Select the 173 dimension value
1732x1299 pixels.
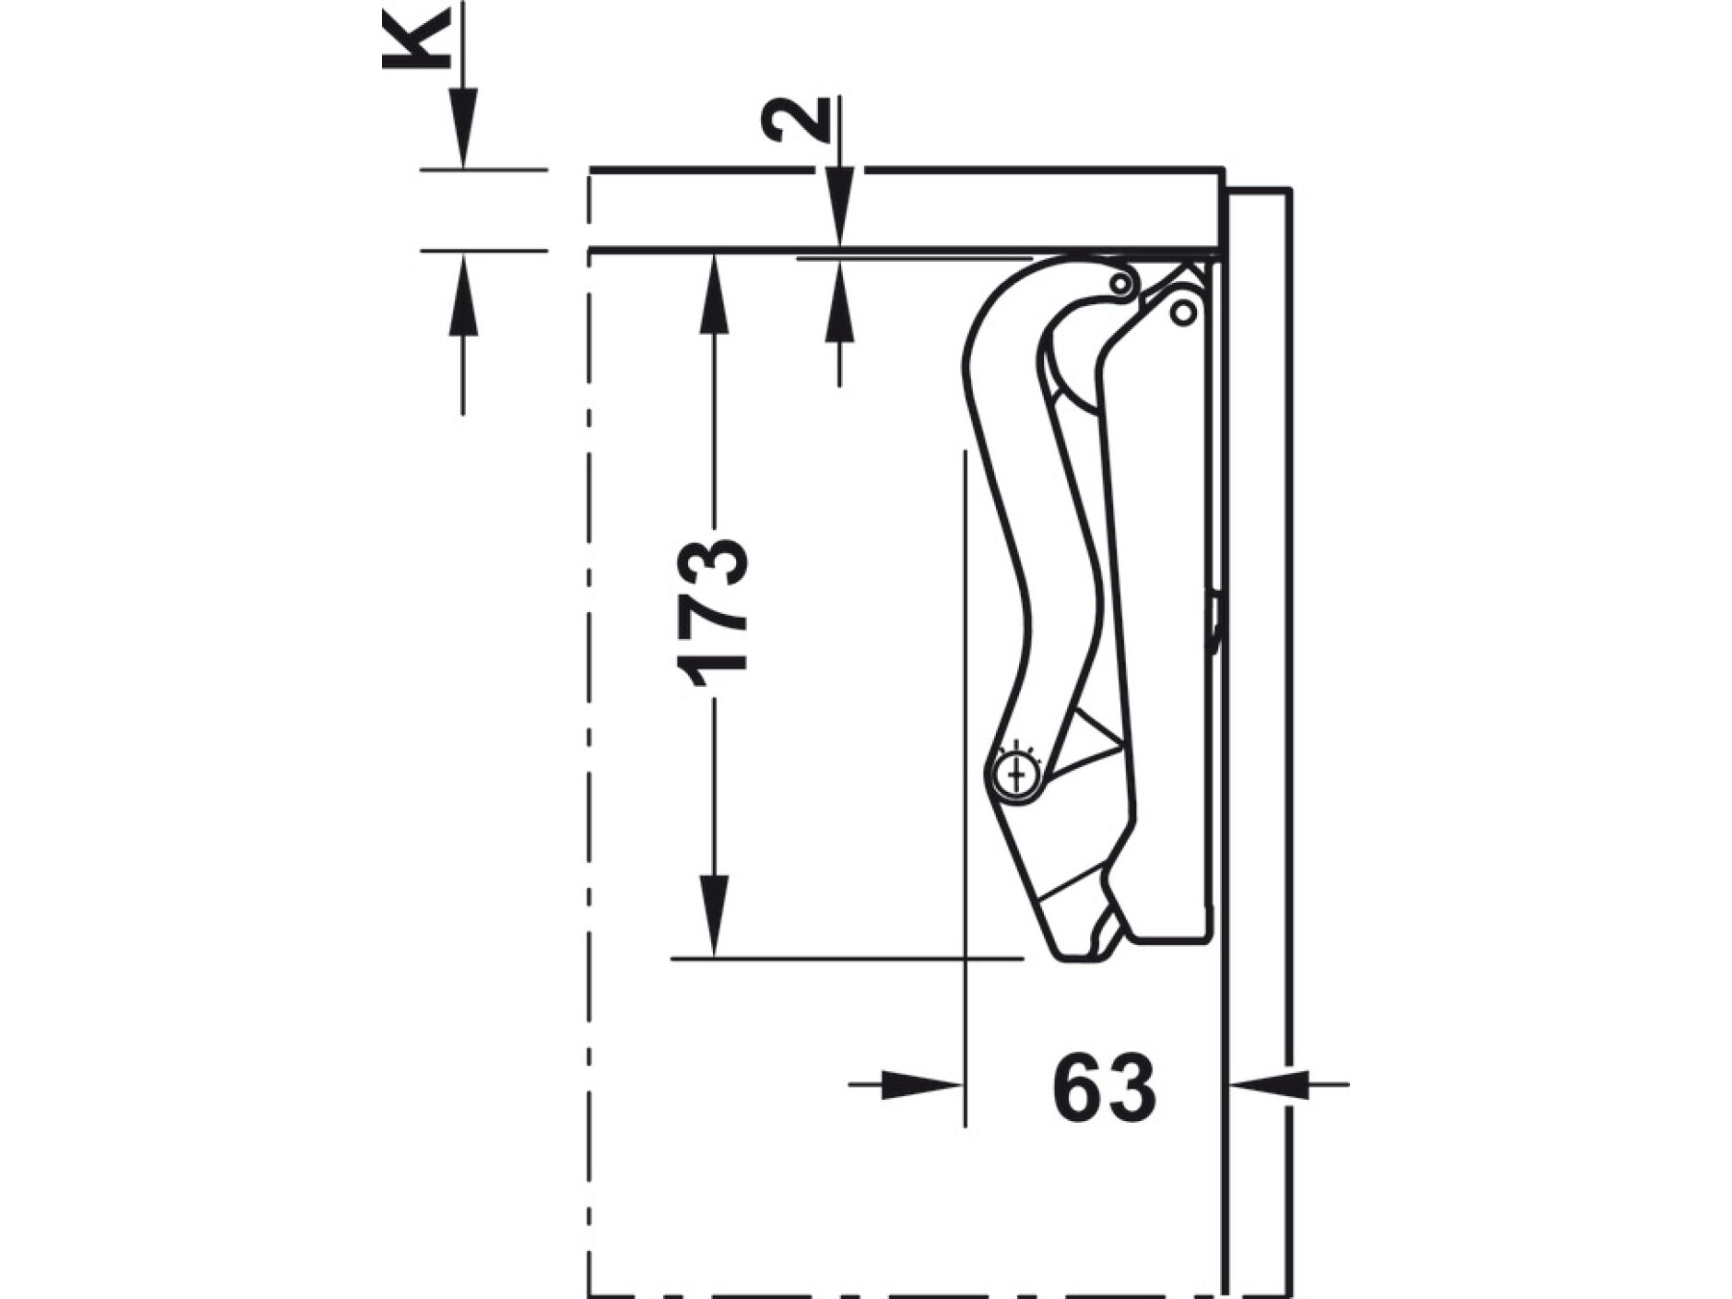click(712, 614)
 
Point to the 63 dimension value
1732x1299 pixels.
click(1104, 1086)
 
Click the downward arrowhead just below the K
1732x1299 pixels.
click(463, 127)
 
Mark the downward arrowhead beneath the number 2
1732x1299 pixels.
click(840, 206)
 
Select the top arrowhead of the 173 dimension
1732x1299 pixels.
click(713, 294)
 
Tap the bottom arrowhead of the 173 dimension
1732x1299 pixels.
click(713, 916)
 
